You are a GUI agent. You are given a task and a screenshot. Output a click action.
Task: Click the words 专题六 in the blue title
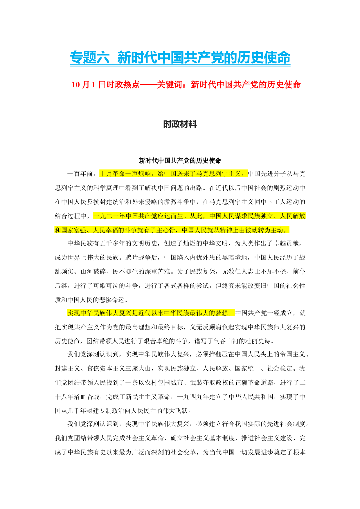pyautogui.click(x=89, y=57)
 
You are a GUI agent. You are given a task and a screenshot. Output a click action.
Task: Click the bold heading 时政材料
pyautogui.click(x=180, y=124)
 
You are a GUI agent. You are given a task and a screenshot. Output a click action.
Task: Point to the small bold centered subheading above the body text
pyautogui.click(x=180, y=160)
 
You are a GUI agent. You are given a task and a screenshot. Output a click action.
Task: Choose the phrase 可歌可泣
pyautogui.click(x=106, y=286)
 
